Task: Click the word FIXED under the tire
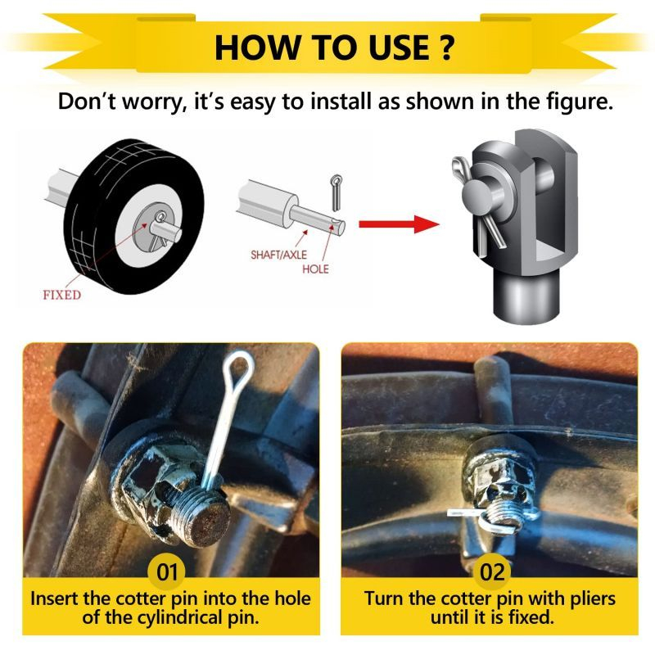tap(62, 295)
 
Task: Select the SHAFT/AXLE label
tap(278, 255)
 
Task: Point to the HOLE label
tap(315, 269)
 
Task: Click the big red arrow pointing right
tap(399, 224)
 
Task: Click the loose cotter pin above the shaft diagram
tap(337, 192)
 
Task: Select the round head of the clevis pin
tap(477, 197)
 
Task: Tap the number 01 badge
tap(167, 571)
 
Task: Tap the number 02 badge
tap(492, 571)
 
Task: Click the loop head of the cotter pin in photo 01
tap(238, 368)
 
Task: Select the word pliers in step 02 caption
tap(589, 599)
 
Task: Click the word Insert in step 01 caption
tap(55, 599)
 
